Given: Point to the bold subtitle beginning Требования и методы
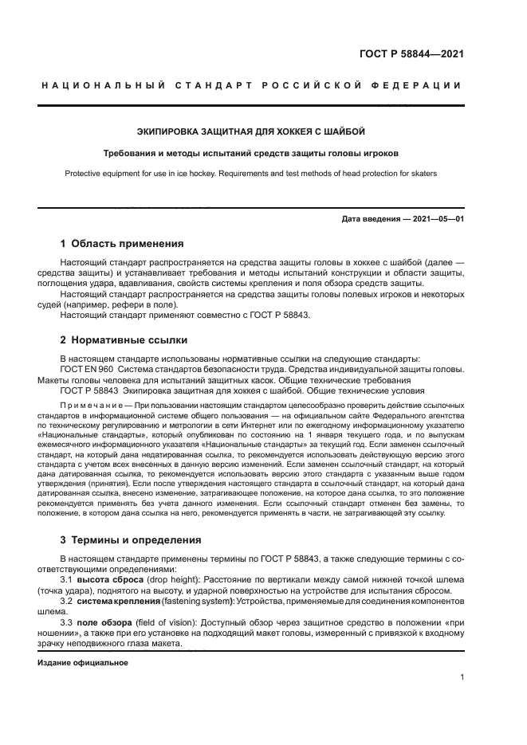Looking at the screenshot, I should click(x=251, y=153).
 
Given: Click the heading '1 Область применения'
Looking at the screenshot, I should click(x=122, y=243).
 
